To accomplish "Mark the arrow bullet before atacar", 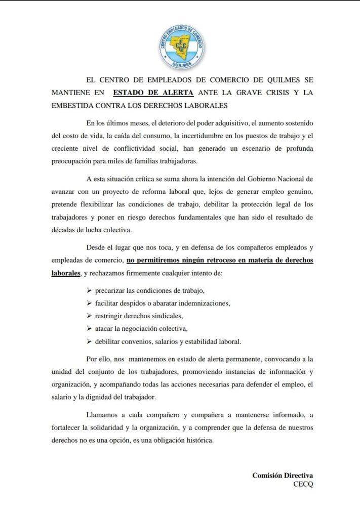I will (89, 328).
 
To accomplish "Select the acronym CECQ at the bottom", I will (304, 484).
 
